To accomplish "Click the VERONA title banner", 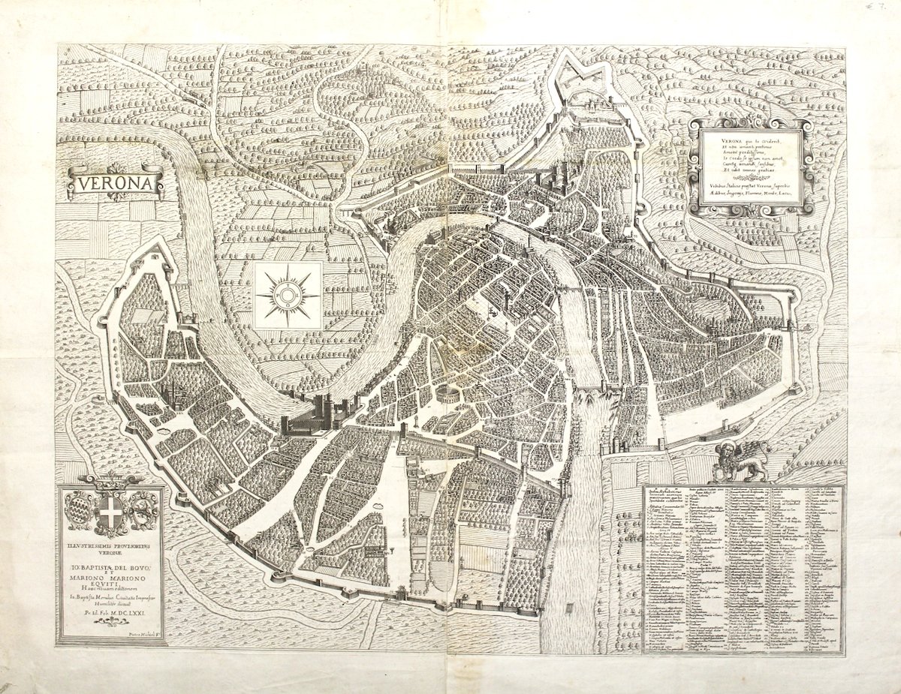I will coord(115,183).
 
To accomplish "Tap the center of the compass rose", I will coord(288,296).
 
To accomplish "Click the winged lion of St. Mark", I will coord(742,459).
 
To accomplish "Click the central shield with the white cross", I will coord(112,513).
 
